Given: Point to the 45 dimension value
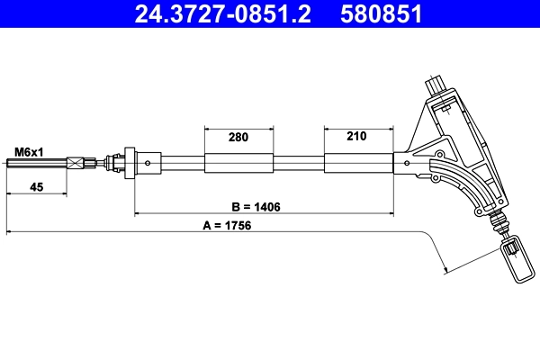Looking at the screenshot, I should tap(36, 187).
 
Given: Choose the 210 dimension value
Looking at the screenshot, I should tap(356, 137).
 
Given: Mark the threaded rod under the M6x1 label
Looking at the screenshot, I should tap(36, 164).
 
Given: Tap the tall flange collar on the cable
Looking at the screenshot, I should tap(130, 164).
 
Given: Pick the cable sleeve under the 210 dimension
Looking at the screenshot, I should tap(357, 164).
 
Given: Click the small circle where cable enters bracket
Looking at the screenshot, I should tap(409, 164).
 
